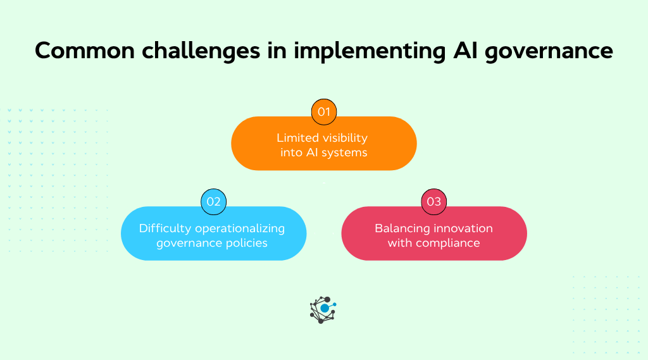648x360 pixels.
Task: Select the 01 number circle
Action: tap(324, 112)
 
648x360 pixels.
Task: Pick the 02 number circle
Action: tap(213, 202)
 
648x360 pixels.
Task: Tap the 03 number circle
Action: tap(434, 202)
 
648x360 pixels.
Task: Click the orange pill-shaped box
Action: tap(324, 144)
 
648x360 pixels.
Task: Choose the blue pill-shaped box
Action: tap(213, 233)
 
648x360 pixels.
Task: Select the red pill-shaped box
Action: tap(434, 233)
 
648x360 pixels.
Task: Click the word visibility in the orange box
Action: tap(344, 137)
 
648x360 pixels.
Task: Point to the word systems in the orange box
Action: tap(344, 152)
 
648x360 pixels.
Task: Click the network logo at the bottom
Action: tap(323, 309)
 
